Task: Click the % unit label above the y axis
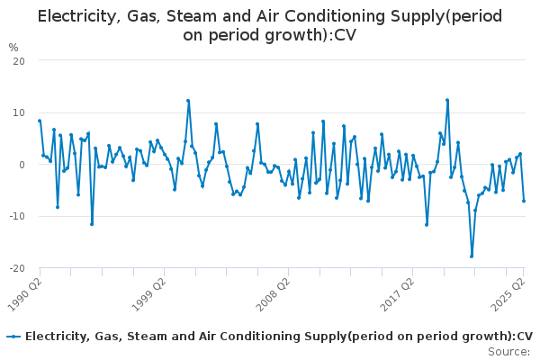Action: pos(13,48)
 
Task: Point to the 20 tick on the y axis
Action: pos(17,60)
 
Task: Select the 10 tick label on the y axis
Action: pos(17,112)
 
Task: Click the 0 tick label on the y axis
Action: pos(20,165)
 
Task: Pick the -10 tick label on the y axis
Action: pos(15,217)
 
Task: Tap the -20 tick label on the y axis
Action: pos(15,269)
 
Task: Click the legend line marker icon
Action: pos(13,337)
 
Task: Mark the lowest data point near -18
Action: pos(472,256)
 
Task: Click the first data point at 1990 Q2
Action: pos(40,121)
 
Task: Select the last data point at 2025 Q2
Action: pos(524,201)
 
